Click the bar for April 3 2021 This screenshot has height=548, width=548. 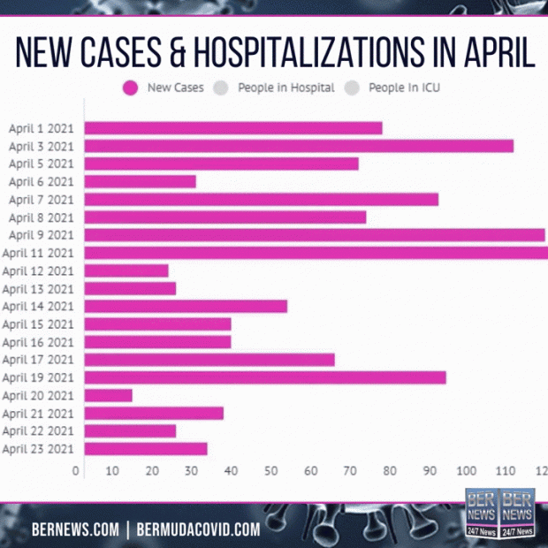coord(299,146)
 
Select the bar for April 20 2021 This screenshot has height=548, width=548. coord(108,395)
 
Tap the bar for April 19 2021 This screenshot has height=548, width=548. coord(265,377)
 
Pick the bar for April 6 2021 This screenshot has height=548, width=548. coord(140,181)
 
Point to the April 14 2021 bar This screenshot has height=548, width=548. coord(186,306)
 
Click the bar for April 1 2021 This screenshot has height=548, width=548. coord(233,128)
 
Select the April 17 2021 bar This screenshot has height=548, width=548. coord(209,360)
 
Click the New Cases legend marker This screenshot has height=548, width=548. coord(131,88)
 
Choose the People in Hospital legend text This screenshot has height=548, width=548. coord(286,88)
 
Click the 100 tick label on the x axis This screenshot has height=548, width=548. coord(465,471)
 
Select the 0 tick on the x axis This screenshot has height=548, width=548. coord(77,471)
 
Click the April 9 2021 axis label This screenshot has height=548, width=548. coord(40,235)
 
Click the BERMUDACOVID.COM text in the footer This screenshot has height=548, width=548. coord(199,529)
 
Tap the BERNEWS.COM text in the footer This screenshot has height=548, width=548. coord(75,529)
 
